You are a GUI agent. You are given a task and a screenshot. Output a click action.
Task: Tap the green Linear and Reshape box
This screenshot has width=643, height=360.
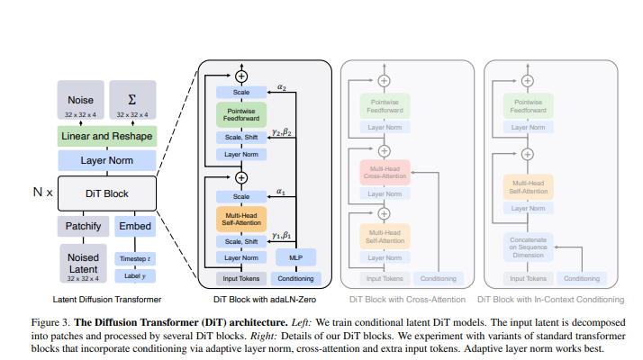pos(107,136)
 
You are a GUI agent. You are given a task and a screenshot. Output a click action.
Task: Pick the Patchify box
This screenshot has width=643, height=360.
pos(82,226)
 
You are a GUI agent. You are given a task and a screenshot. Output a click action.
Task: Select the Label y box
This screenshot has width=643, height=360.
pos(135,275)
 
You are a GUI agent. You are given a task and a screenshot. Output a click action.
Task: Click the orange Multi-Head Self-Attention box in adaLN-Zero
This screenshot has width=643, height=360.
pos(240,218)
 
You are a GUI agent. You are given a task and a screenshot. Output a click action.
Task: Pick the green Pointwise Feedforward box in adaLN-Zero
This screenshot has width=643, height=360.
pos(240,114)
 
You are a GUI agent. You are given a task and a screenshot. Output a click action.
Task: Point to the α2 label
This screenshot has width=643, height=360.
pos(282,88)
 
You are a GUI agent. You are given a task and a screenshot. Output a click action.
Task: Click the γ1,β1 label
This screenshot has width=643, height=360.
pos(282,236)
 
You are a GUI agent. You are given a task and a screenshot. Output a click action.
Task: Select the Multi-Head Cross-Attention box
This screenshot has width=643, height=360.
pos(385,174)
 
